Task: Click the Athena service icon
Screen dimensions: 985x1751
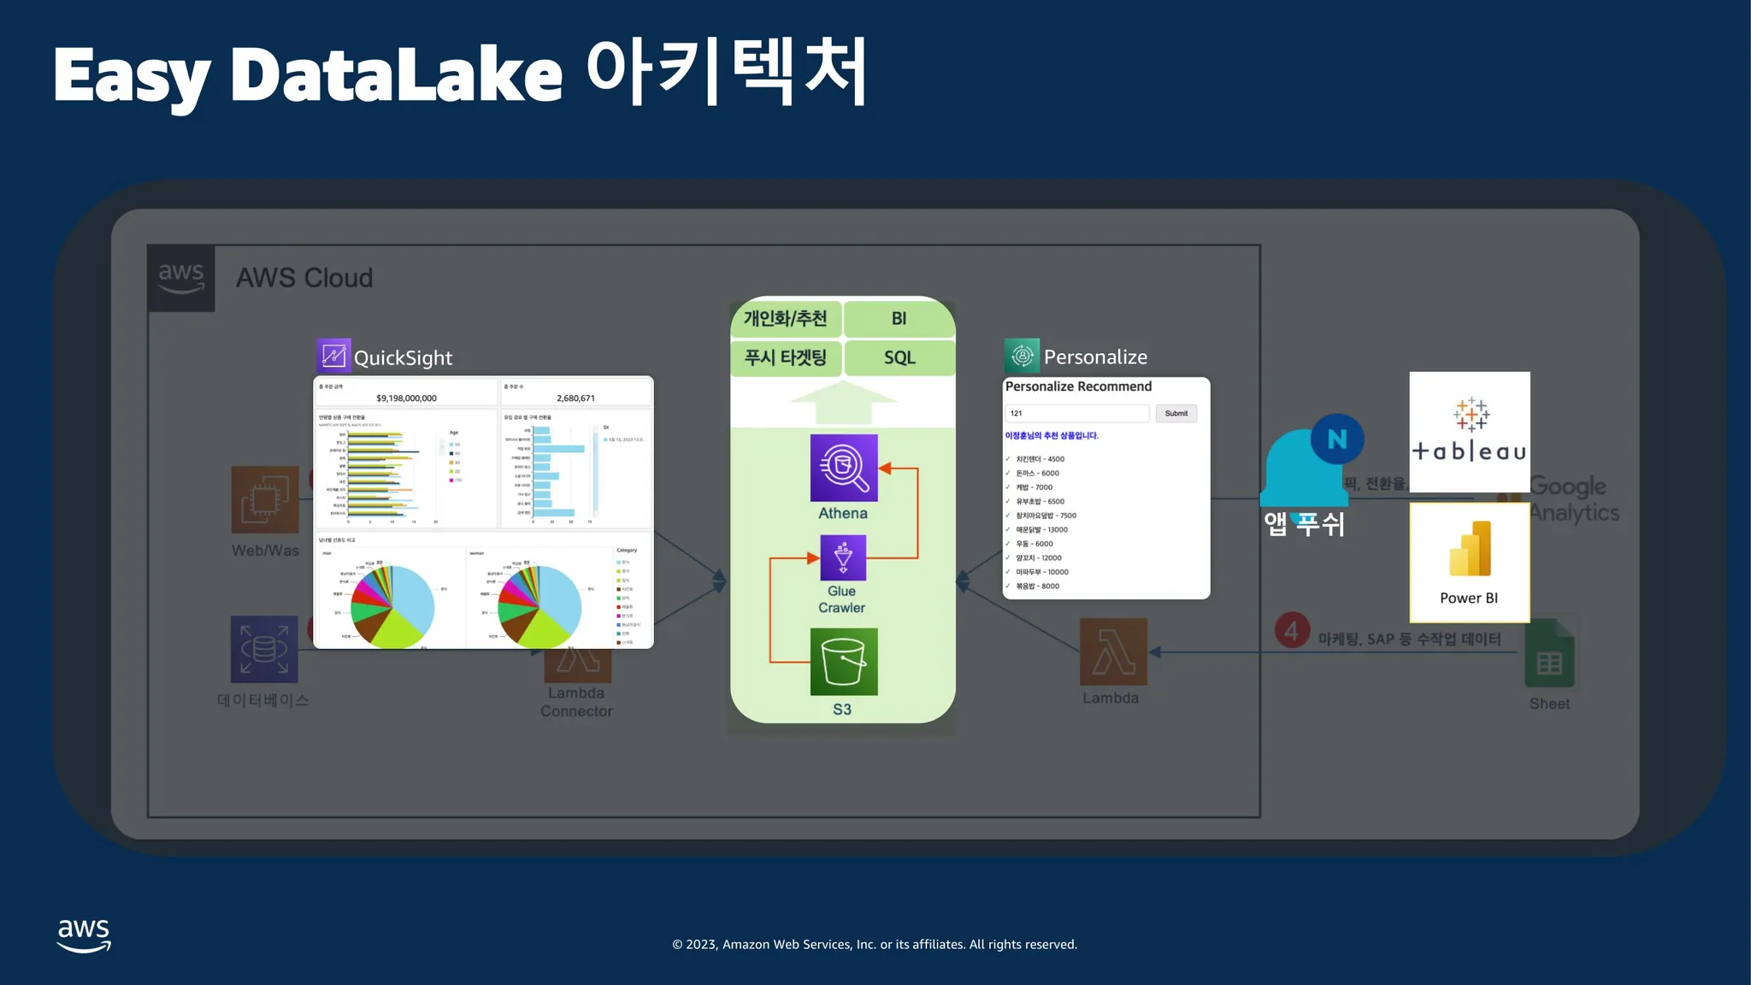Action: click(844, 468)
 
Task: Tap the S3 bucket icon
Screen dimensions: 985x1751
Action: click(844, 662)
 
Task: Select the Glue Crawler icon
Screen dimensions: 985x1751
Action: click(843, 557)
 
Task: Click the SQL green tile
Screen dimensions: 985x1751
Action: click(899, 357)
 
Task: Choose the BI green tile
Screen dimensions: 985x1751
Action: click(899, 319)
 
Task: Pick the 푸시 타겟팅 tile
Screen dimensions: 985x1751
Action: click(786, 357)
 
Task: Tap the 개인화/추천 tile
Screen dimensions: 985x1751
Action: click(786, 319)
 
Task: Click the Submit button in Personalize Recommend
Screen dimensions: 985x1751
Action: click(1176, 414)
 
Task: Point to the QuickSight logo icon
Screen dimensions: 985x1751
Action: click(333, 356)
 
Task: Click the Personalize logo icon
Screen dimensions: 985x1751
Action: click(1022, 356)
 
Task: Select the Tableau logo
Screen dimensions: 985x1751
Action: click(1469, 432)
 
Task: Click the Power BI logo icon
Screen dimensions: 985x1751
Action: click(1470, 550)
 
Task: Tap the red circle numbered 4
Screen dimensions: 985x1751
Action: click(1292, 631)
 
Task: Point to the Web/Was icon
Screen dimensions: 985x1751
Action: click(265, 499)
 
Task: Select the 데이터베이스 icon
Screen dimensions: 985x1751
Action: click(264, 649)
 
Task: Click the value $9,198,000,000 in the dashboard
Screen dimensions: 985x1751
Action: click(406, 398)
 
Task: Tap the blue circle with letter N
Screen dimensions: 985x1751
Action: click(1336, 439)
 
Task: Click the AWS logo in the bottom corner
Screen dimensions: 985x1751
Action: click(84, 935)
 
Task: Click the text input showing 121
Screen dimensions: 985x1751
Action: click(1076, 414)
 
